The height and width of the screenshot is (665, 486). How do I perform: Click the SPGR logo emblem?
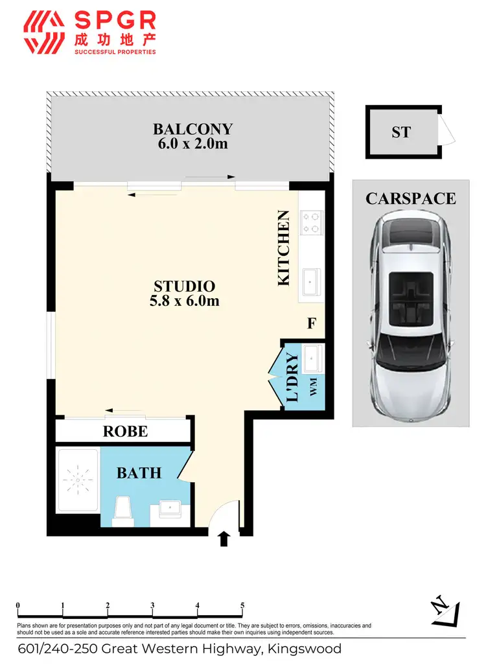pos(43,32)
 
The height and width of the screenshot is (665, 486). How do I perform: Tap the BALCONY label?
pos(192,129)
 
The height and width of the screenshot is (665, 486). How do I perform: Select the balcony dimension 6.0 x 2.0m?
pos(192,144)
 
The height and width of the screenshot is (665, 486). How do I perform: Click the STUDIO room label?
pos(184,286)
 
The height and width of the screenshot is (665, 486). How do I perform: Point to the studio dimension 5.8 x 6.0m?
pos(184,301)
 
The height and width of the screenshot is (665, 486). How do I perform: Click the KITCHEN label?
pos(283,248)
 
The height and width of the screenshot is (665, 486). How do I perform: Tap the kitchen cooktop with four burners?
pos(311,222)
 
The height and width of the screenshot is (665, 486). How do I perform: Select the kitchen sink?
pos(311,281)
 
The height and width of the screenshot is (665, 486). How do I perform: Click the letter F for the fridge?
pos(311,323)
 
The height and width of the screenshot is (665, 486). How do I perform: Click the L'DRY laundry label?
pos(292,377)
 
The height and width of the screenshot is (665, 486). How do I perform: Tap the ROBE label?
pos(126,432)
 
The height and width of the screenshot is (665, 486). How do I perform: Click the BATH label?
pos(139,473)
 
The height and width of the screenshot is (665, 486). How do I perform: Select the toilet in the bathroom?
pos(122,510)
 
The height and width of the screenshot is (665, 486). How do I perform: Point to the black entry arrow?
pos(224,538)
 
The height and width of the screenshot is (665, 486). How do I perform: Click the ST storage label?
pos(401,132)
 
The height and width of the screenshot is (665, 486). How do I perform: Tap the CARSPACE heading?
pos(411,198)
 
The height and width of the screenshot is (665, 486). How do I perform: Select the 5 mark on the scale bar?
pos(242,607)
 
